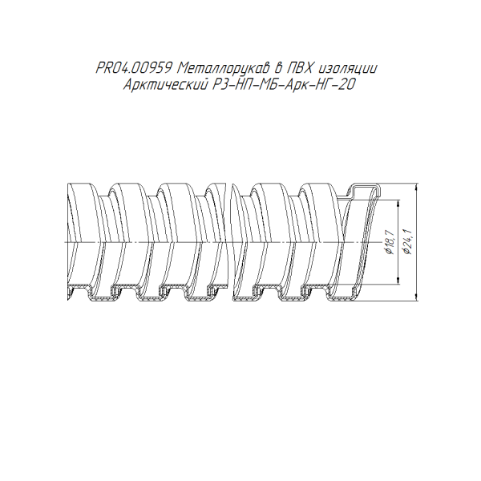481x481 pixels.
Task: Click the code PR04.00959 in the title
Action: click(x=133, y=68)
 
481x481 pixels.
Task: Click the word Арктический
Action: click(x=164, y=85)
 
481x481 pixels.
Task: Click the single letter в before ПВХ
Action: click(x=277, y=68)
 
